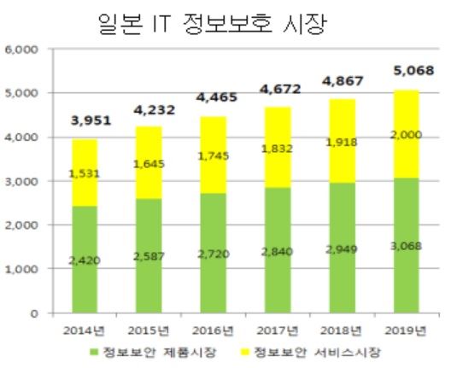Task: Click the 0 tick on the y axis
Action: [33, 313]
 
